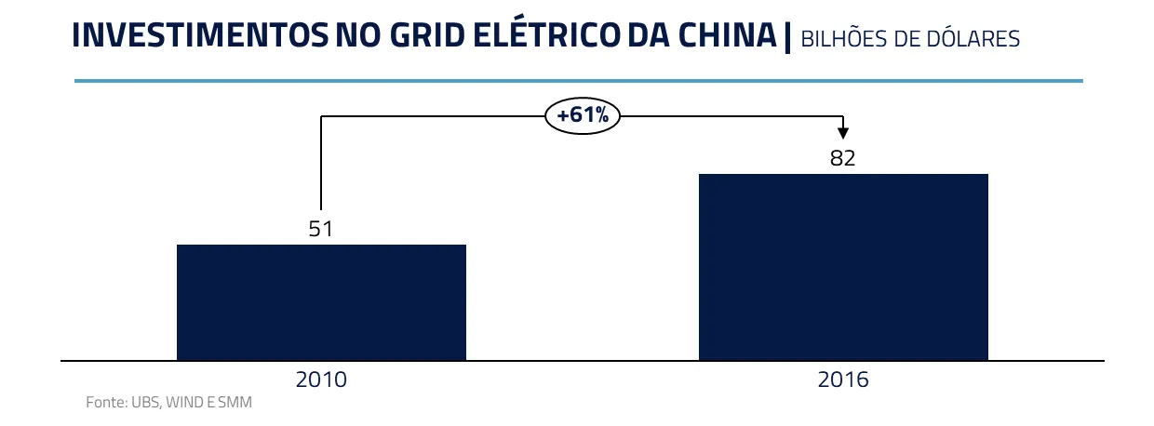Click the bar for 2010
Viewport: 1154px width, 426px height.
pyautogui.click(x=321, y=302)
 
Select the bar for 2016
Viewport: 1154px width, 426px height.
pyautogui.click(x=843, y=267)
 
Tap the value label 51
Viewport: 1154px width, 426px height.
pyautogui.click(x=321, y=229)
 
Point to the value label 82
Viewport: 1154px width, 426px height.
pyautogui.click(x=843, y=158)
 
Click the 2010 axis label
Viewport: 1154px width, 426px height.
pyautogui.click(x=321, y=379)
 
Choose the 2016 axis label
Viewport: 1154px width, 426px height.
pyautogui.click(x=843, y=379)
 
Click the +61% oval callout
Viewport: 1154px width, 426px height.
pyautogui.click(x=583, y=116)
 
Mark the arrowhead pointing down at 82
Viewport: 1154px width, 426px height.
pyautogui.click(x=843, y=133)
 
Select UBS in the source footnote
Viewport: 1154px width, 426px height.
pyautogui.click(x=143, y=403)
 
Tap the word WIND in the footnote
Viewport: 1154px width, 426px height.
pyautogui.click(x=184, y=403)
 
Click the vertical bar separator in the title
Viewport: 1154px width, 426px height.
pyautogui.click(x=787, y=37)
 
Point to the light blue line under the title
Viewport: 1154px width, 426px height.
pyautogui.click(x=578, y=81)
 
